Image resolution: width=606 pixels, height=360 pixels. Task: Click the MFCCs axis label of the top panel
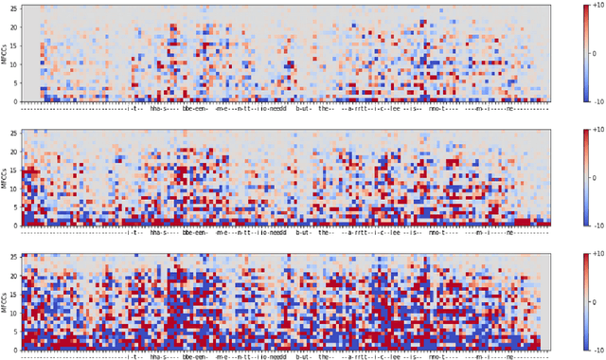[x=4, y=53]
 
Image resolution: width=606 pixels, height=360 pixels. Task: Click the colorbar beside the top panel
[x=576, y=53]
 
